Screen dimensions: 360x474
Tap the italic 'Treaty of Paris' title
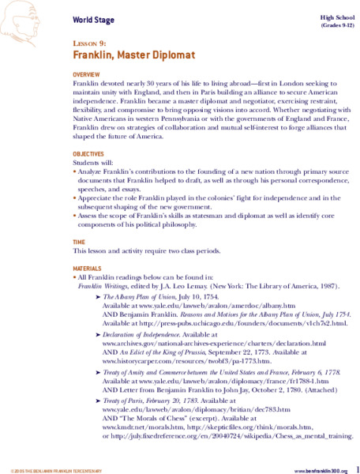pos(122,401)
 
